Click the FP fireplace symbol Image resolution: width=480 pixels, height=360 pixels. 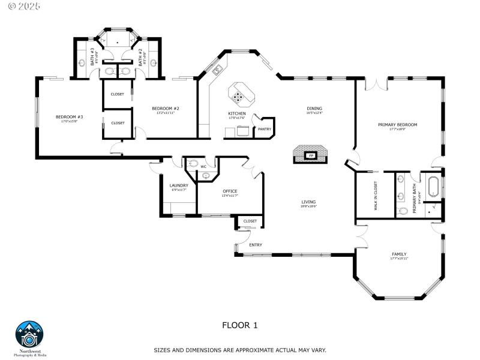pyautogui.click(x=311, y=155)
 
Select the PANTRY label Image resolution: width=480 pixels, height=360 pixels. pyautogui.click(x=264, y=128)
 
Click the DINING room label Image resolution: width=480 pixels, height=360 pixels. pyautogui.click(x=314, y=109)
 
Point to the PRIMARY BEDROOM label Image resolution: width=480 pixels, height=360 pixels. pyautogui.click(x=397, y=125)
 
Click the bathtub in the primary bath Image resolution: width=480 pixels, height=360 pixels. pyautogui.click(x=433, y=187)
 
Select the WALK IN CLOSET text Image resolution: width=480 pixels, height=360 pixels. pyautogui.click(x=376, y=196)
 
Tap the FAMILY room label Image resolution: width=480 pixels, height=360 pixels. pyautogui.click(x=399, y=254)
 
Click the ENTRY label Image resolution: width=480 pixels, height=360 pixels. pyautogui.click(x=256, y=244)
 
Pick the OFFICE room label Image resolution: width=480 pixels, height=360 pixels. pyautogui.click(x=230, y=191)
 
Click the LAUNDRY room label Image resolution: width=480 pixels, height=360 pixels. pyautogui.click(x=179, y=185)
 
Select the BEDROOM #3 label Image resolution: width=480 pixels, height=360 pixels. pyautogui.click(x=69, y=116)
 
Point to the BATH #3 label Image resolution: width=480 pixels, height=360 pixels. pyautogui.click(x=93, y=56)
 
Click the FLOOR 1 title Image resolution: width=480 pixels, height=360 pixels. pyautogui.click(x=239, y=325)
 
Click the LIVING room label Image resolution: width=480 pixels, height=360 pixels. pyautogui.click(x=308, y=202)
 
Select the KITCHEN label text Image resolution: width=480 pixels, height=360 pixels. pyautogui.click(x=236, y=113)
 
